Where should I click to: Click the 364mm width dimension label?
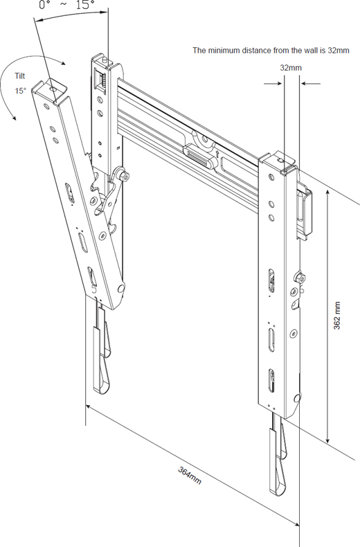(x=190, y=475)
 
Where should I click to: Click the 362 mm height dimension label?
(x=337, y=315)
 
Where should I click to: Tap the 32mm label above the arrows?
(x=291, y=68)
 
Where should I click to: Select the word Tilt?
(x=20, y=75)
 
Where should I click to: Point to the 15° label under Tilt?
(x=20, y=91)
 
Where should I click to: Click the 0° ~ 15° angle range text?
(x=67, y=5)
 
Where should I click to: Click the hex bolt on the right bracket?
(x=300, y=278)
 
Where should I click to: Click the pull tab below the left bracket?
(x=101, y=360)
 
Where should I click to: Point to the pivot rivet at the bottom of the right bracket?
(x=297, y=397)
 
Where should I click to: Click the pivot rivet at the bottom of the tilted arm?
(x=120, y=289)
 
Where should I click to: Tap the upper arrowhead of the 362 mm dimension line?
(x=327, y=193)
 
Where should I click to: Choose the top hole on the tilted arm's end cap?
(x=53, y=89)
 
